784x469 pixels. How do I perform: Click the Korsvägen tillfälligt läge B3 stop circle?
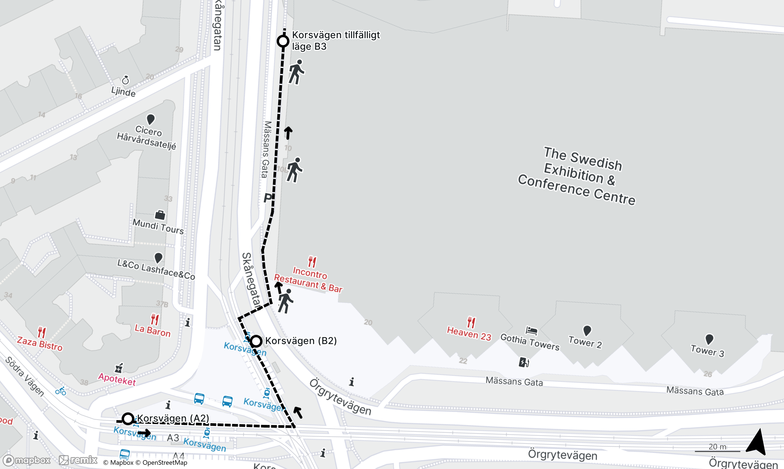click(x=283, y=41)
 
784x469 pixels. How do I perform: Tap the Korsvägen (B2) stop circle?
click(x=256, y=341)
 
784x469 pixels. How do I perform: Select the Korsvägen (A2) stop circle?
click(x=128, y=419)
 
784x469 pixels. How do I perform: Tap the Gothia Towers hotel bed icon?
click(x=531, y=330)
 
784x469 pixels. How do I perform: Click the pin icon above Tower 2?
click(x=587, y=330)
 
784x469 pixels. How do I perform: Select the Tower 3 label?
click(x=707, y=351)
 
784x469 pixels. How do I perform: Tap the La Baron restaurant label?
click(x=153, y=330)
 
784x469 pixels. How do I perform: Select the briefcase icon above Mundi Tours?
click(x=160, y=215)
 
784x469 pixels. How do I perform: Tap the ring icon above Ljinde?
click(x=125, y=80)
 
